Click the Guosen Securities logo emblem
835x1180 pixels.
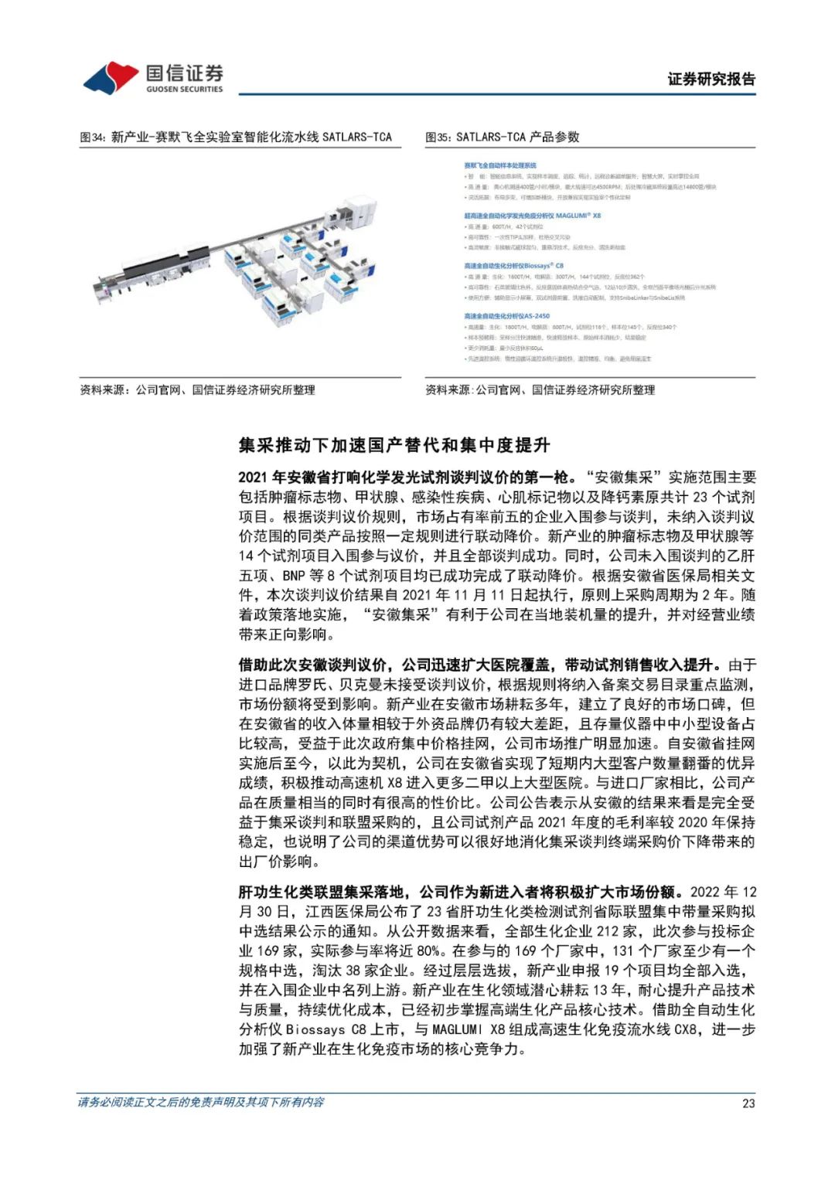pos(110,77)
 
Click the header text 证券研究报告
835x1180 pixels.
pos(711,79)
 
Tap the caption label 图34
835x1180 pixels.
pos(92,138)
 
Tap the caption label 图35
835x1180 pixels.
pos(438,138)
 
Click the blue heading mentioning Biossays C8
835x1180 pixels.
pos(513,266)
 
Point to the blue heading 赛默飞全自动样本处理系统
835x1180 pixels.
pos(499,165)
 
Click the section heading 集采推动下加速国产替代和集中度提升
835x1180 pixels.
pos(394,445)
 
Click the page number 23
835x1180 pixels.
pos(748,1103)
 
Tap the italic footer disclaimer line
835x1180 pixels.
pos(201,1102)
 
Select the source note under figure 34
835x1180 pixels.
pos(197,390)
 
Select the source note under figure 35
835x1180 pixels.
pos(540,390)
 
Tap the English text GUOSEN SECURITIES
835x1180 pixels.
pos(184,90)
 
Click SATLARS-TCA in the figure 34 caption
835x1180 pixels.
pos(356,138)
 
